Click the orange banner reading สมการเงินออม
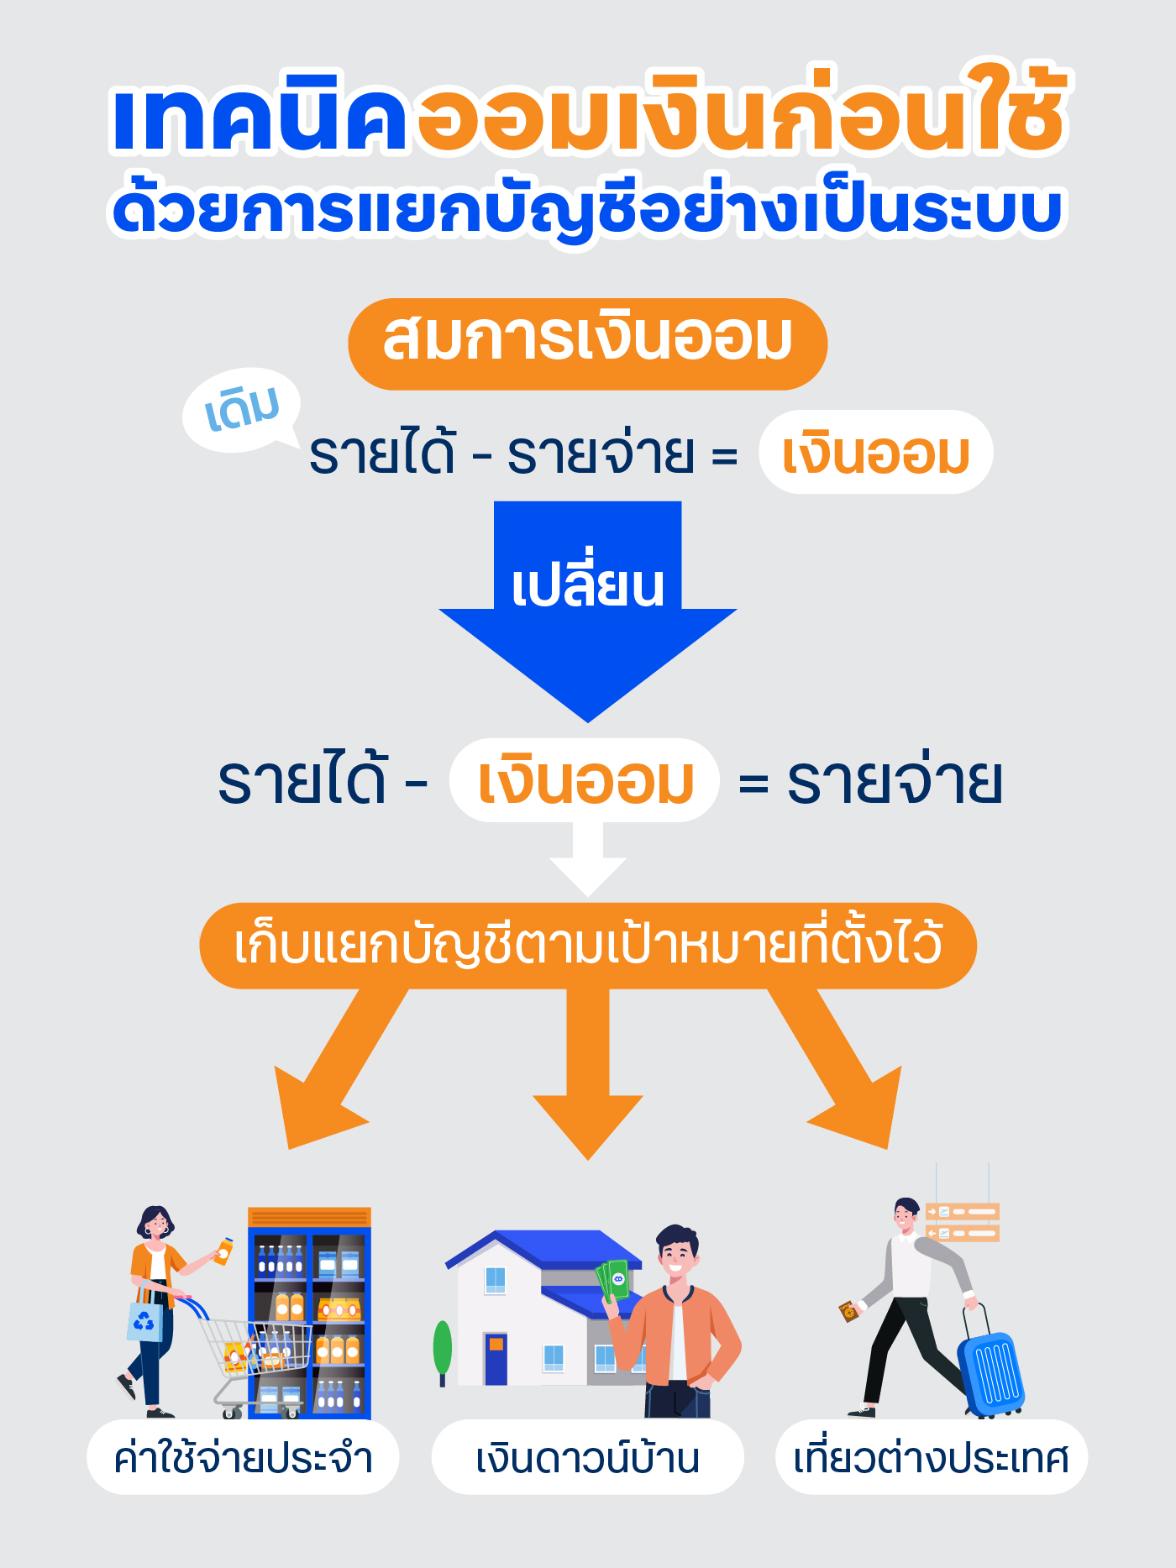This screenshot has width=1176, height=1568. [587, 343]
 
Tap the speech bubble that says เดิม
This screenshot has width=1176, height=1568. [242, 409]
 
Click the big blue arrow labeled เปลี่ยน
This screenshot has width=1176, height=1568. [587, 621]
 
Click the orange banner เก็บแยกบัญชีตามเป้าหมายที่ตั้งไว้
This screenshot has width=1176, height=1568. [587, 946]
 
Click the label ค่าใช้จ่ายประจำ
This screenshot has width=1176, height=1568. [243, 1457]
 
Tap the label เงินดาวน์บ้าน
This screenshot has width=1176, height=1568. [587, 1457]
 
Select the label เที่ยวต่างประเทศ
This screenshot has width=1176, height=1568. [931, 1457]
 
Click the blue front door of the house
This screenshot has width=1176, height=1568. [496, 1358]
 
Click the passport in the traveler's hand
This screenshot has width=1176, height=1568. [848, 1311]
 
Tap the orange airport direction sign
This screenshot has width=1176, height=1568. [963, 1222]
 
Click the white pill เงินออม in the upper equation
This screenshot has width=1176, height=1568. [875, 453]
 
